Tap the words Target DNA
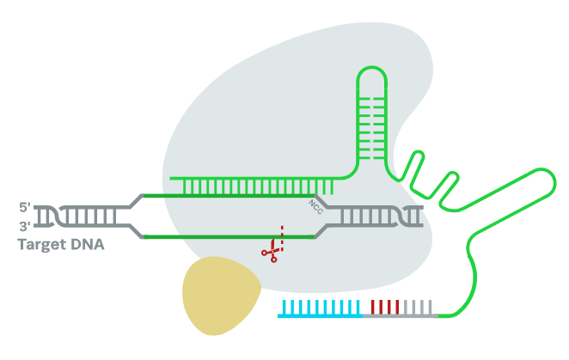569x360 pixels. [x=61, y=245]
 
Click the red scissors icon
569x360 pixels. [x=272, y=252]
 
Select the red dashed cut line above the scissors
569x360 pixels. [x=280, y=234]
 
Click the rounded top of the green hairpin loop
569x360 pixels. [x=372, y=76]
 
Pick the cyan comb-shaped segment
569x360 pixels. [x=319, y=308]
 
